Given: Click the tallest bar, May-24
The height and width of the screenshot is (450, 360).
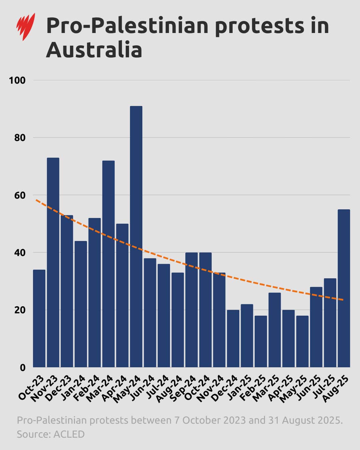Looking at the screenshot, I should pyautogui.click(x=136, y=237).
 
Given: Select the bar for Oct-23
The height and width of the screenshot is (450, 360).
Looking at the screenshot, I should pyautogui.click(x=39, y=318).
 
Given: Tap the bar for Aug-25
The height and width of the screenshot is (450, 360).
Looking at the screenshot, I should pyautogui.click(x=344, y=288).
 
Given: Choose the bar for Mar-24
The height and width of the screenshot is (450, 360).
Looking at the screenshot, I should pyautogui.click(x=108, y=264).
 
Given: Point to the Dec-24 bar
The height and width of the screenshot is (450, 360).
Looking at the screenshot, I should pyautogui.click(x=233, y=338).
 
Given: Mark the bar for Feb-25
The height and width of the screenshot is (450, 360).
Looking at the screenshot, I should pyautogui.click(x=261, y=341).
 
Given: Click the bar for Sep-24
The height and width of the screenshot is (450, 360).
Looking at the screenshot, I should pyautogui.click(x=191, y=310).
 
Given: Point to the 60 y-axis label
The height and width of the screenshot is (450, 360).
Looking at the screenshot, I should pyautogui.click(x=20, y=195).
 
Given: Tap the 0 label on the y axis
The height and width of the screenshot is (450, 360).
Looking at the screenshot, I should pyautogui.click(x=23, y=368).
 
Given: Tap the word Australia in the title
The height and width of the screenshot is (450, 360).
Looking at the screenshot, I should pyautogui.click(x=94, y=50).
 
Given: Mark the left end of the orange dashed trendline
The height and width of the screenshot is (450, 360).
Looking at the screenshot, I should pyautogui.click(x=36, y=200).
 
